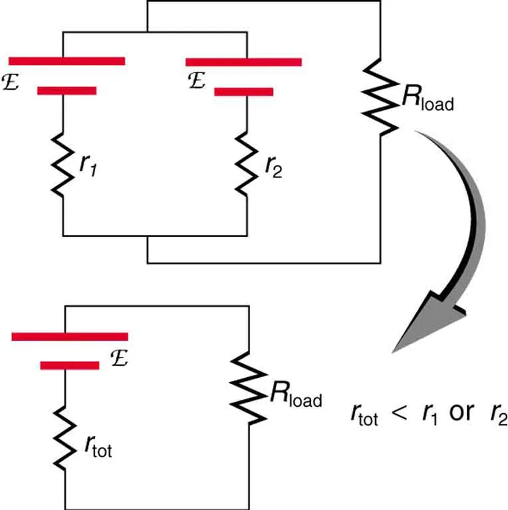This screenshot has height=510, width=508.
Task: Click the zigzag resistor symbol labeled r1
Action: click(63, 165)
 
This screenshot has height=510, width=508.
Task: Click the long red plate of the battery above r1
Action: click(67, 60)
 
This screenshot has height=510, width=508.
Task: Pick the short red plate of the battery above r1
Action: click(67, 90)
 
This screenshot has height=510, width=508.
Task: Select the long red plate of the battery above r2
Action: click(243, 61)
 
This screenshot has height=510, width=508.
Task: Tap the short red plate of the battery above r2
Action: click(244, 91)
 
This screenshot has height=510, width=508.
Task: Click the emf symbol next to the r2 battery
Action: click(196, 81)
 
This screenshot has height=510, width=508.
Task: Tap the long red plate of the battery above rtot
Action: click(70, 336)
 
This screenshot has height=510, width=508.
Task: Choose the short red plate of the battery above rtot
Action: click(70, 365)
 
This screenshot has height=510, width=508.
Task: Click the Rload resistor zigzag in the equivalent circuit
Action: click(250, 389)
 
